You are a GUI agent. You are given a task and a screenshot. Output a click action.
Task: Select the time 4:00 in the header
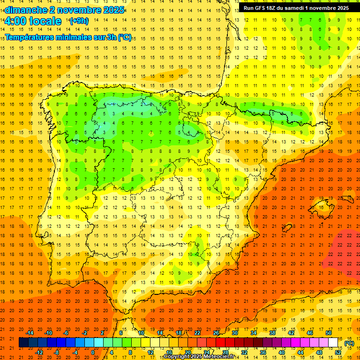click(18, 21)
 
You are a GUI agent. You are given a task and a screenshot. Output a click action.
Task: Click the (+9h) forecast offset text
click(78, 21)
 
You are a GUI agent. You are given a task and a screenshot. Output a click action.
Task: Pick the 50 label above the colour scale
click(328, 332)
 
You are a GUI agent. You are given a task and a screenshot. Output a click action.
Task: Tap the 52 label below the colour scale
click(338, 352)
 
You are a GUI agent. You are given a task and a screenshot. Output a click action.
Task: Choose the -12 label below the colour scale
click(39, 352)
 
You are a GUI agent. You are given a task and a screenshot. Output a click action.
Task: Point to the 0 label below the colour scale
click(92, 352)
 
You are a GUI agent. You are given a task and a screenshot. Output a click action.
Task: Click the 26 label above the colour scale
click(216, 332)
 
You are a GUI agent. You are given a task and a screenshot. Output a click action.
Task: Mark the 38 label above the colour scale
click(272, 332)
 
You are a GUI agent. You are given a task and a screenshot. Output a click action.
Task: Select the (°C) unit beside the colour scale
click(349, 343)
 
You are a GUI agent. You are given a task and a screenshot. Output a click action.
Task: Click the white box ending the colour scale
click(333, 343)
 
